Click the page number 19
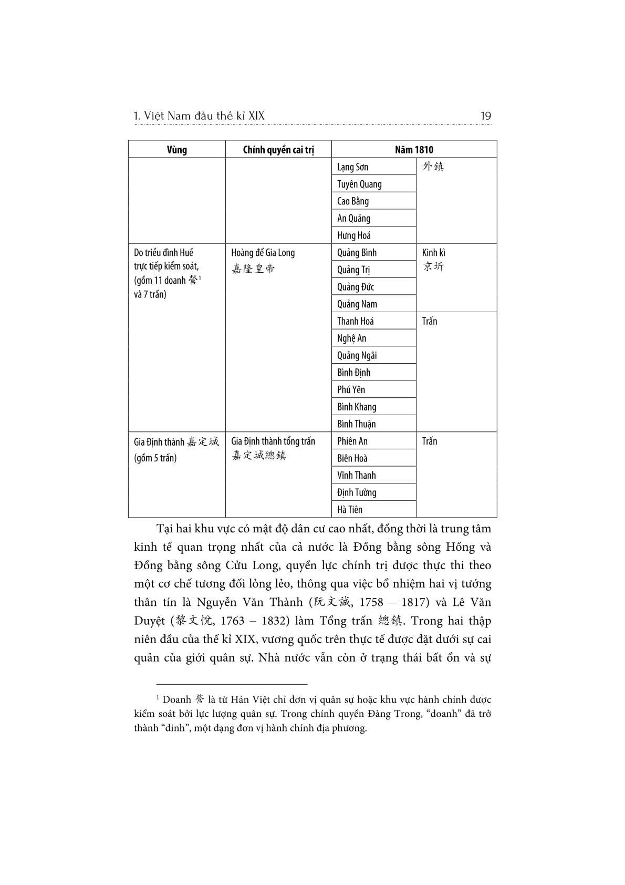coord(485,116)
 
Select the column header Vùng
coord(176,150)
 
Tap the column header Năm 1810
coord(414,150)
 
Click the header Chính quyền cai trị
coord(278,150)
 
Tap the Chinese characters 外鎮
coord(433,167)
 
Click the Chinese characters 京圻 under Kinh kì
coord(433,267)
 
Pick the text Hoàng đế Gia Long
coord(263,253)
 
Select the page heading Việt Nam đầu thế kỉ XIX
coord(205,116)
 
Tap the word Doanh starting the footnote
coord(177,700)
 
